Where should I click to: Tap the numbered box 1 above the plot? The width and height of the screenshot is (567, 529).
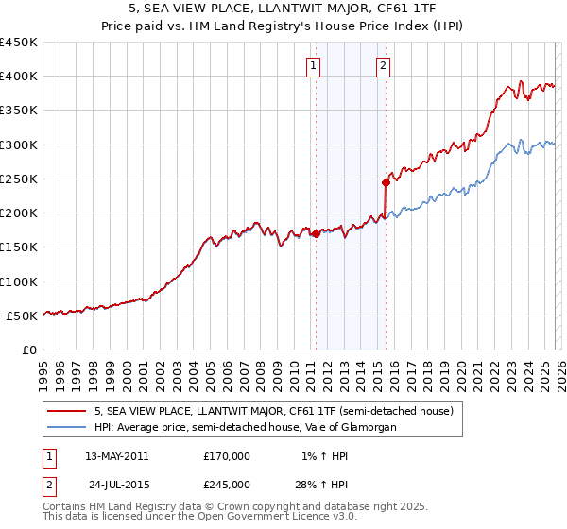tap(313, 66)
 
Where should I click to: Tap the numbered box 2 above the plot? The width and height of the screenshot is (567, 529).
tap(384, 66)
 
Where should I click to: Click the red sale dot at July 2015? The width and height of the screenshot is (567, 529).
tap(386, 182)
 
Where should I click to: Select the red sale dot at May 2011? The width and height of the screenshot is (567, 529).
tap(316, 234)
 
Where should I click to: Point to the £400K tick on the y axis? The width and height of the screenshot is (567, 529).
tap(19, 77)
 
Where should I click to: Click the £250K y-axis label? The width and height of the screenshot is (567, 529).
tap(19, 179)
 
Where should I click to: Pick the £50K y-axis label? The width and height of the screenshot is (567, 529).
tap(23, 316)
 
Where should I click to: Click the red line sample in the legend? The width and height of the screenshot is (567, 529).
tap(68, 411)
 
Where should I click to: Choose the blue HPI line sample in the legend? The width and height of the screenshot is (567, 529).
tap(68, 427)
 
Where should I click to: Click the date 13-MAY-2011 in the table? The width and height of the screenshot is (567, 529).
tap(116, 456)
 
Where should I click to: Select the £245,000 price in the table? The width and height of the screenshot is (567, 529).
tap(227, 484)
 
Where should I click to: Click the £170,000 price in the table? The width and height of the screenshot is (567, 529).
tap(227, 456)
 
